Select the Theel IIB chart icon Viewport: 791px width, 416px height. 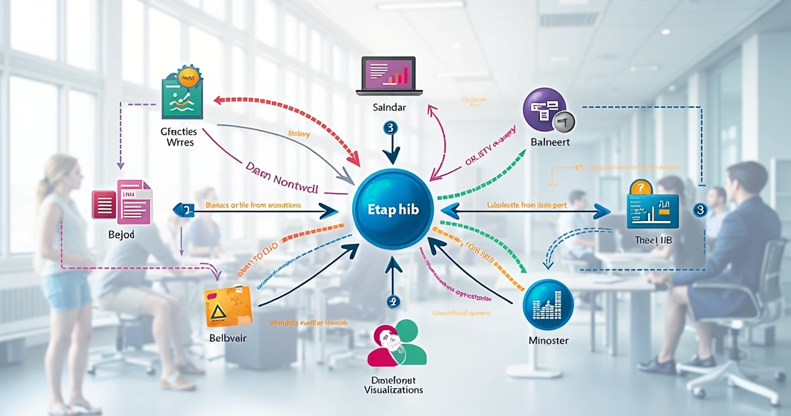(x=652, y=206)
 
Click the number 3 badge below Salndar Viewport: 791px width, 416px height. (x=390, y=128)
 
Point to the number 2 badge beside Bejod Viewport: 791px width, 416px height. (x=186, y=209)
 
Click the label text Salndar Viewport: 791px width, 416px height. (x=390, y=107)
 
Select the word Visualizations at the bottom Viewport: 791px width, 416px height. (x=394, y=390)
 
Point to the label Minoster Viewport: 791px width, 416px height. (x=548, y=341)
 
